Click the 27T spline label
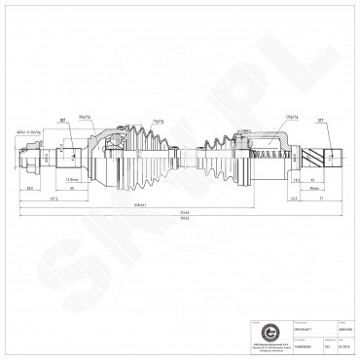click(x=320, y=122)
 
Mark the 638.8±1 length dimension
click(x=142, y=204)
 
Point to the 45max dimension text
click(x=312, y=188)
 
